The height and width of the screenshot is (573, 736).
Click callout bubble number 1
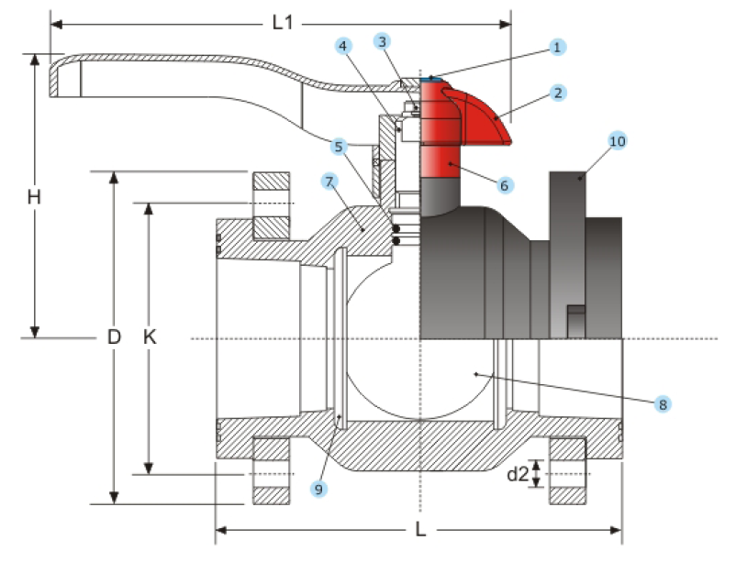pyautogui.click(x=556, y=45)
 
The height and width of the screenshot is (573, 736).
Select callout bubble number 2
pyautogui.click(x=556, y=93)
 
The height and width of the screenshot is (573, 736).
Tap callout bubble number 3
pyautogui.click(x=382, y=40)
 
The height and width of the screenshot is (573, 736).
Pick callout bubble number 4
pyautogui.click(x=342, y=45)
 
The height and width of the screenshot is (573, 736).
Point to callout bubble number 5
pyautogui.click(x=339, y=146)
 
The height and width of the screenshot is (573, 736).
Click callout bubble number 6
pyautogui.click(x=504, y=184)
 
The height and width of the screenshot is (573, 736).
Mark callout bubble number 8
pyautogui.click(x=661, y=403)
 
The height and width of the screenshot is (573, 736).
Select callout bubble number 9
pyautogui.click(x=318, y=490)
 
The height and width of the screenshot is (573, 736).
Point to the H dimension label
pyautogui.click(x=34, y=196)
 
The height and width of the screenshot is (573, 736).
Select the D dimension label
pyautogui.click(x=114, y=337)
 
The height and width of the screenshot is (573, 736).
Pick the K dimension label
pyautogui.click(x=150, y=337)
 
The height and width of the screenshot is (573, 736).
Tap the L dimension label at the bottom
pyautogui.click(x=419, y=530)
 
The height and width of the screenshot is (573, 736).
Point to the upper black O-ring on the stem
pyautogui.click(x=396, y=227)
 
